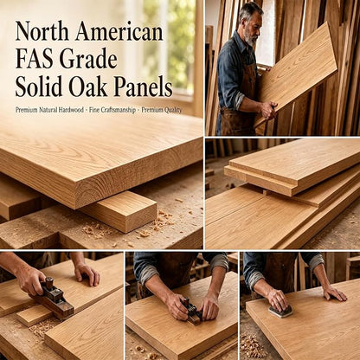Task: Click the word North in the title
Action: (42, 31)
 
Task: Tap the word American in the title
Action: (119, 31)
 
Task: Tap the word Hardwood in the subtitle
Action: (71, 110)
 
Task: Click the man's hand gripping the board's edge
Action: (268, 110)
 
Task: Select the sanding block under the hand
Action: (280, 311)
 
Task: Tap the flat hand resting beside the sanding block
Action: (335, 292)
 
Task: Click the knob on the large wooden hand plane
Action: (49, 283)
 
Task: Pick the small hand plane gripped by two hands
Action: (192, 312)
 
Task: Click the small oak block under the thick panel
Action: (121, 211)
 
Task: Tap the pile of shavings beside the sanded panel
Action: (250, 345)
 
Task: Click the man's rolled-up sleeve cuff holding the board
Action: (239, 99)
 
